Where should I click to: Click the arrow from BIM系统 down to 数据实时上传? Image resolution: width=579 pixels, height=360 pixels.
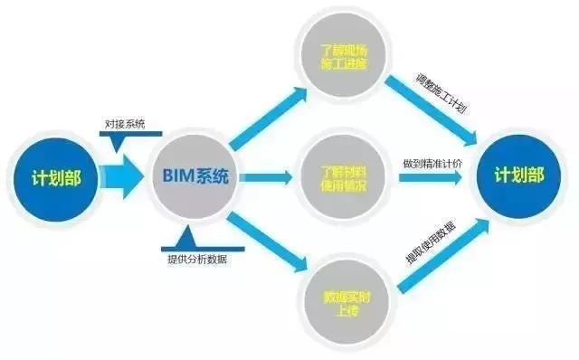[x=268, y=242]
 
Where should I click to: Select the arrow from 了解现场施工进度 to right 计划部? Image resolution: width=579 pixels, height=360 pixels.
[x=430, y=109]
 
